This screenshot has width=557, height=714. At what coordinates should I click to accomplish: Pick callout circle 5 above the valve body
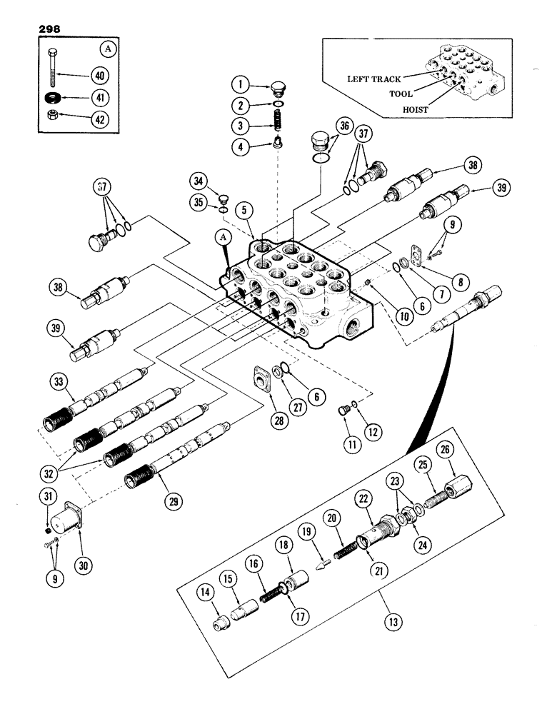[244, 211]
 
